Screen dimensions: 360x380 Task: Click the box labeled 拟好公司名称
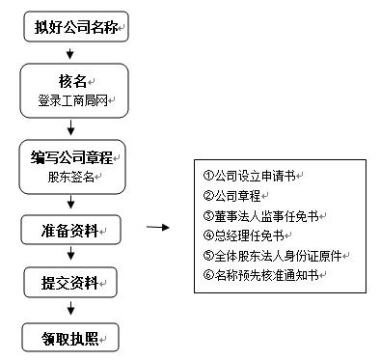[74, 25]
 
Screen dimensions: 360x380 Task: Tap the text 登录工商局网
[70, 100]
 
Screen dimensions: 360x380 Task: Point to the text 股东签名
[70, 178]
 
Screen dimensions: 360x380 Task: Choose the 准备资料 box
[70, 231]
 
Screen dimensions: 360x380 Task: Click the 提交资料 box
[70, 283]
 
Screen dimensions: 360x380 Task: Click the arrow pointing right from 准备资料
[158, 229]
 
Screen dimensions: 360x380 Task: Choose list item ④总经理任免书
[247, 235]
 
